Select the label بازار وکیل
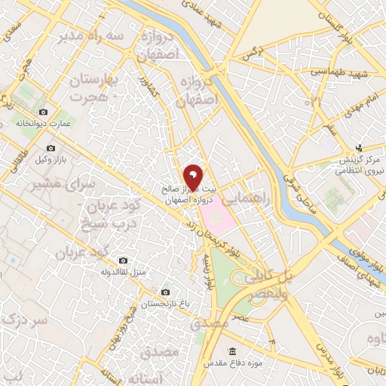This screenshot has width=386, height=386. (x=51, y=161)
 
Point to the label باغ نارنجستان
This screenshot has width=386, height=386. (x=166, y=303)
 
